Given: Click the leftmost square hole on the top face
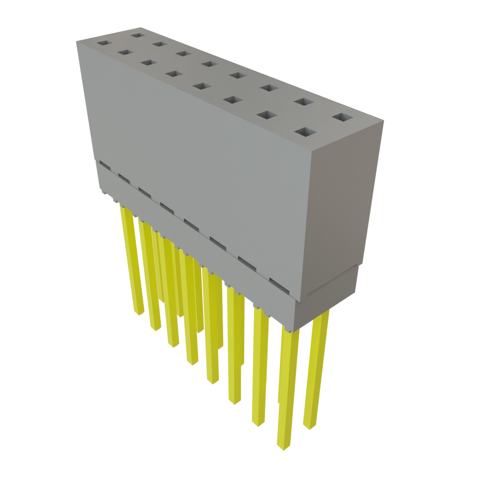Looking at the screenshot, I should (102, 43).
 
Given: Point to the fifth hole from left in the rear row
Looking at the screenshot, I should (238, 75).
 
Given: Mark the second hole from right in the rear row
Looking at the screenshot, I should (304, 102).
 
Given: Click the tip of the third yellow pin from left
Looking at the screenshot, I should (173, 344).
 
